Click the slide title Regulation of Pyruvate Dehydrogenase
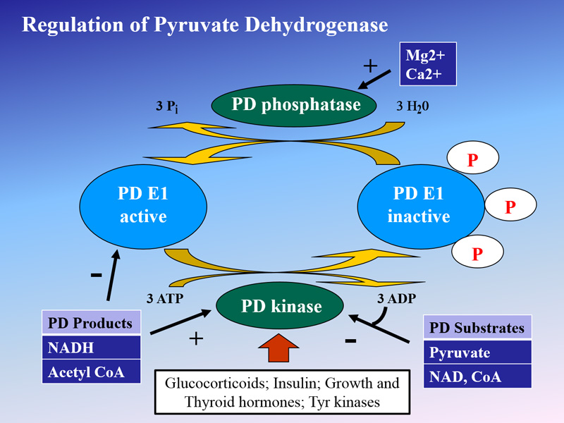[x=205, y=25]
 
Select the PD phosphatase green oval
[x=296, y=106]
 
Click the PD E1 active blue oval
[x=143, y=205]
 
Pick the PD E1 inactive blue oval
[x=419, y=205]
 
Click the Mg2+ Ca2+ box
[x=428, y=64]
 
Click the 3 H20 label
[x=417, y=106]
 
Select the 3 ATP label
[x=164, y=298]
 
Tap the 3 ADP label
[x=397, y=298]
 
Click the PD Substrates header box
[x=477, y=328]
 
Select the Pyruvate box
[x=477, y=352]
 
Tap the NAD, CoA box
[x=477, y=376]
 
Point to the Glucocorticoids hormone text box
[x=282, y=393]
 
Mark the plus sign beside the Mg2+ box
[x=370, y=66]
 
